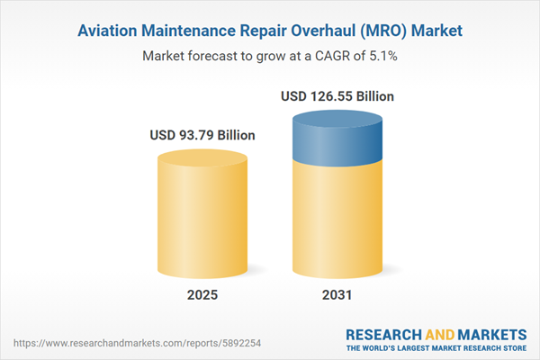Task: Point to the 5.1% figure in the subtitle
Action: pos(382,55)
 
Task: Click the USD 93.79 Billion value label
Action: pos(202,135)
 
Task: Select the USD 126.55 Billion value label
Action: pos(337,95)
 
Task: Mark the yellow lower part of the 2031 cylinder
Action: pos(337,225)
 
